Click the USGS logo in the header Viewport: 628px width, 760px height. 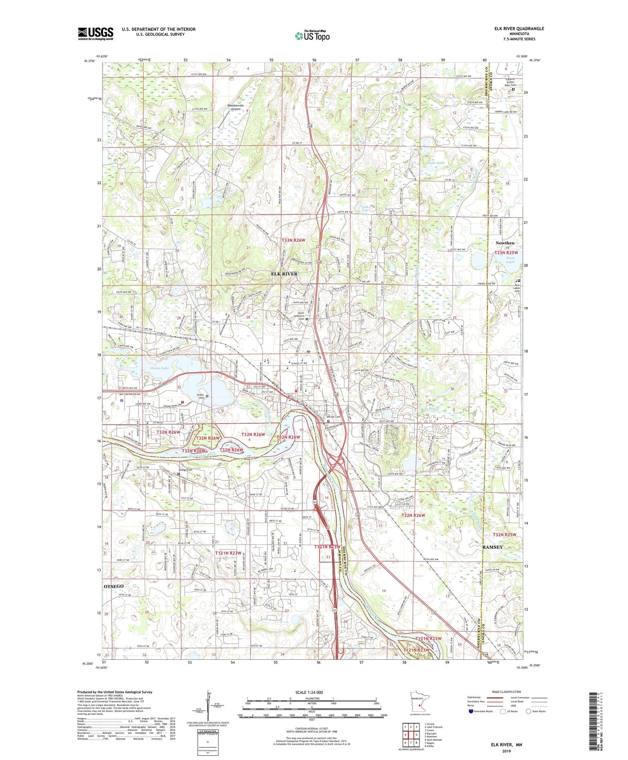(x=95, y=34)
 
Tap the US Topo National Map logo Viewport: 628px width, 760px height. (x=312, y=36)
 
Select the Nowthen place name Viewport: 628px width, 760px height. (x=504, y=243)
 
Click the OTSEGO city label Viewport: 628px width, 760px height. (x=113, y=586)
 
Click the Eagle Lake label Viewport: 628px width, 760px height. (x=435, y=163)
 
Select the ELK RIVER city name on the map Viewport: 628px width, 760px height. (x=284, y=274)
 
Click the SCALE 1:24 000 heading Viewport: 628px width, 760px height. (x=311, y=692)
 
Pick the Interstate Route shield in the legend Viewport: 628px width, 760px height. (x=471, y=711)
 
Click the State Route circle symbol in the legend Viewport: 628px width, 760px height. (x=528, y=711)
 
